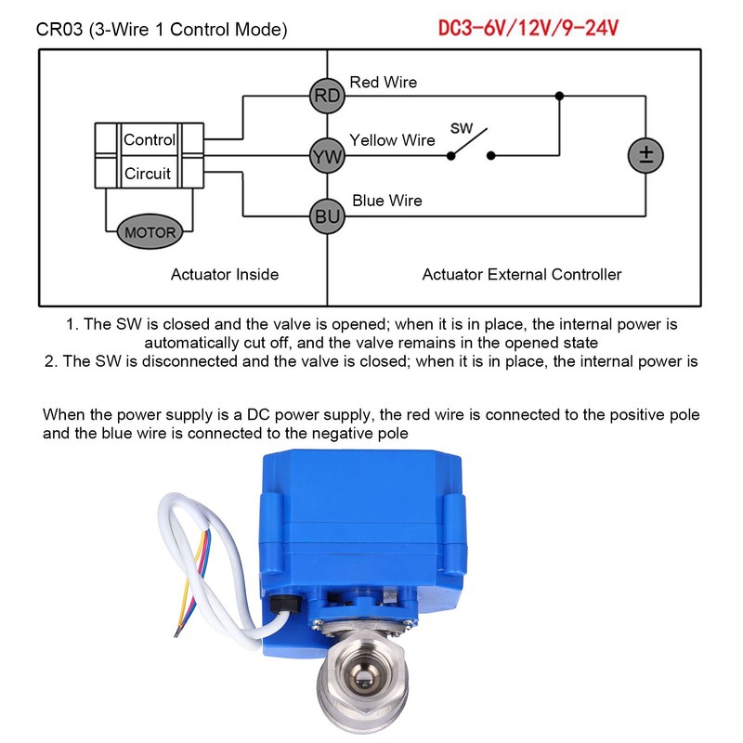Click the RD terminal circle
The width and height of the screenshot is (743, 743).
click(327, 96)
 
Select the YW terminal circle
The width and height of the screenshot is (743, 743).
click(327, 157)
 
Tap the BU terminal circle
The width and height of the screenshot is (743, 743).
click(327, 216)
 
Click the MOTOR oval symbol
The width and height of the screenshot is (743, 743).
click(150, 231)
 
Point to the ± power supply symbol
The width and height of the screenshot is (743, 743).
click(645, 155)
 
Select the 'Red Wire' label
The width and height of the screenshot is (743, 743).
click(383, 83)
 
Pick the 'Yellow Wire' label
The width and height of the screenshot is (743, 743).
click(392, 140)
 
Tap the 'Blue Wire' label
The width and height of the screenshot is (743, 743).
click(387, 201)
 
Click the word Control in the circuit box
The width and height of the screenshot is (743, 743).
click(150, 140)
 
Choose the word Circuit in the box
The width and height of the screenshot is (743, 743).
click(148, 173)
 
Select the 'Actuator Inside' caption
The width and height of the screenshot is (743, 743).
click(225, 274)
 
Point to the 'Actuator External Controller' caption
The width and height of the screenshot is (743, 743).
click(522, 274)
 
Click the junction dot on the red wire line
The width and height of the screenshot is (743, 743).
click(558, 96)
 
